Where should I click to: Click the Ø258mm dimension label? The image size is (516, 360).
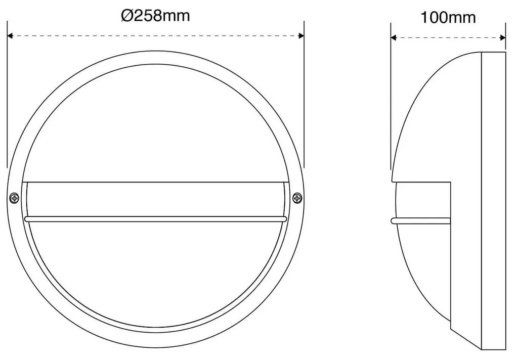(155, 16)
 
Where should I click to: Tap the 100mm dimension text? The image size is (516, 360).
(448, 18)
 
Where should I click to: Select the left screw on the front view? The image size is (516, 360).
(15, 198)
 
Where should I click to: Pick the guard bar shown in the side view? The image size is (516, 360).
(420, 220)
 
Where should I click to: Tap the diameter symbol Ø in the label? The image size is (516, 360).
(126, 16)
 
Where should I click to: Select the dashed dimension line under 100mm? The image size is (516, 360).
(448, 37)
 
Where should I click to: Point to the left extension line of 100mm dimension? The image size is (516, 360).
(392, 101)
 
